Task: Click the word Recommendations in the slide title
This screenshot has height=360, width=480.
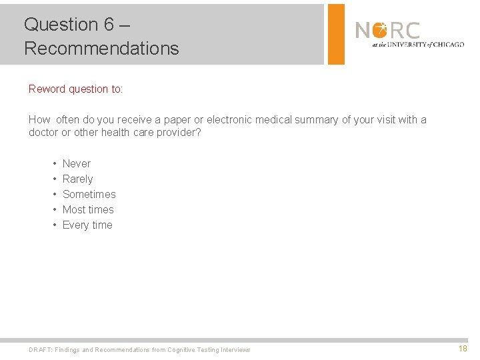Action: tap(101, 49)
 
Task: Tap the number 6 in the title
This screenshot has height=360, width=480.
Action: tap(109, 25)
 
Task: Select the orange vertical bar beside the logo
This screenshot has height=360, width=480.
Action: tap(337, 34)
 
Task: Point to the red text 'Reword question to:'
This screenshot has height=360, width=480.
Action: tap(76, 89)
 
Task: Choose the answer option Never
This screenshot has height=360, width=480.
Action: tap(77, 163)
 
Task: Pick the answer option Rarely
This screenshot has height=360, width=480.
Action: tap(77, 179)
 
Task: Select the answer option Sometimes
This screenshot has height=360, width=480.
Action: tap(89, 194)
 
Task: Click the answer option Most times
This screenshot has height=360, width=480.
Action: tap(88, 209)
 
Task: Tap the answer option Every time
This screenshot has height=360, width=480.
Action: tap(87, 225)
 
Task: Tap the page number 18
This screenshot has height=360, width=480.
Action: tap(463, 349)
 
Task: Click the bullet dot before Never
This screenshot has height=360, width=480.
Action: tap(54, 163)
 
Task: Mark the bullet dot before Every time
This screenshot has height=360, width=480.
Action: tap(54, 225)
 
